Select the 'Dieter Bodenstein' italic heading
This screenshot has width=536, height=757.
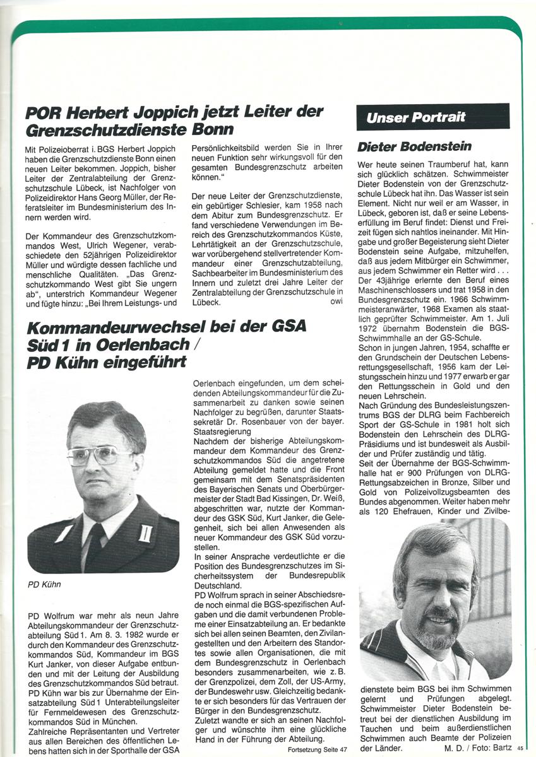pyautogui.click(x=414, y=147)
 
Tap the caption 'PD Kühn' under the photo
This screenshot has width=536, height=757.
pyautogui.click(x=44, y=584)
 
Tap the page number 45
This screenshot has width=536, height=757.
pyautogui.click(x=520, y=748)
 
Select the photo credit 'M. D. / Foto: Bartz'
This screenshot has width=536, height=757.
pyautogui.click(x=478, y=748)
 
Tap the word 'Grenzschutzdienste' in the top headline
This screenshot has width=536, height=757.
pyautogui.click(x=107, y=131)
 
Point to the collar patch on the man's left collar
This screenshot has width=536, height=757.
pyautogui.click(x=145, y=532)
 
